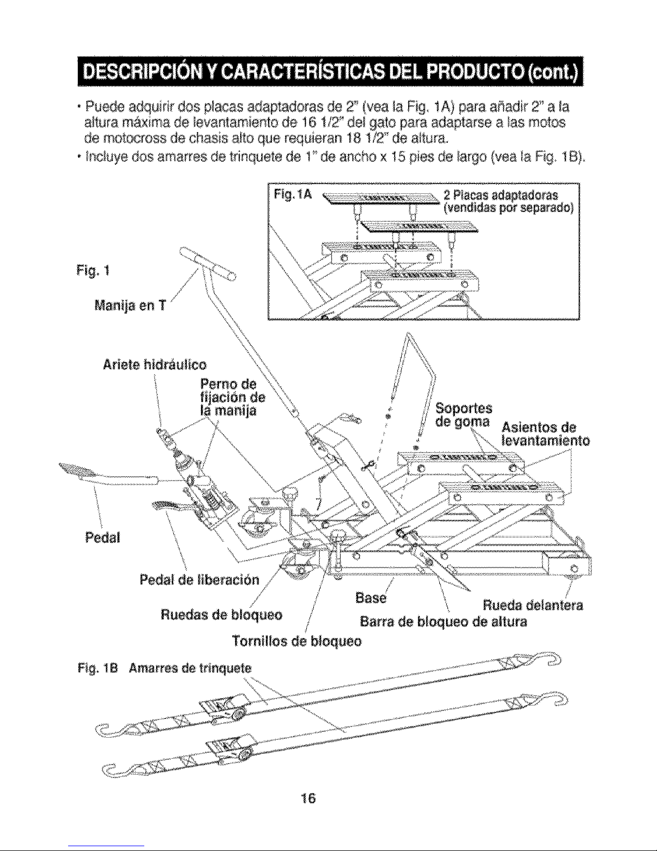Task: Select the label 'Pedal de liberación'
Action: click(199, 580)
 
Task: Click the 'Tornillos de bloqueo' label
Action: click(296, 641)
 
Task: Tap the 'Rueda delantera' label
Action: click(533, 606)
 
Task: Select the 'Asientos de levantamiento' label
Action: click(545, 435)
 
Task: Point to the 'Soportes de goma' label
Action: click(463, 413)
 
